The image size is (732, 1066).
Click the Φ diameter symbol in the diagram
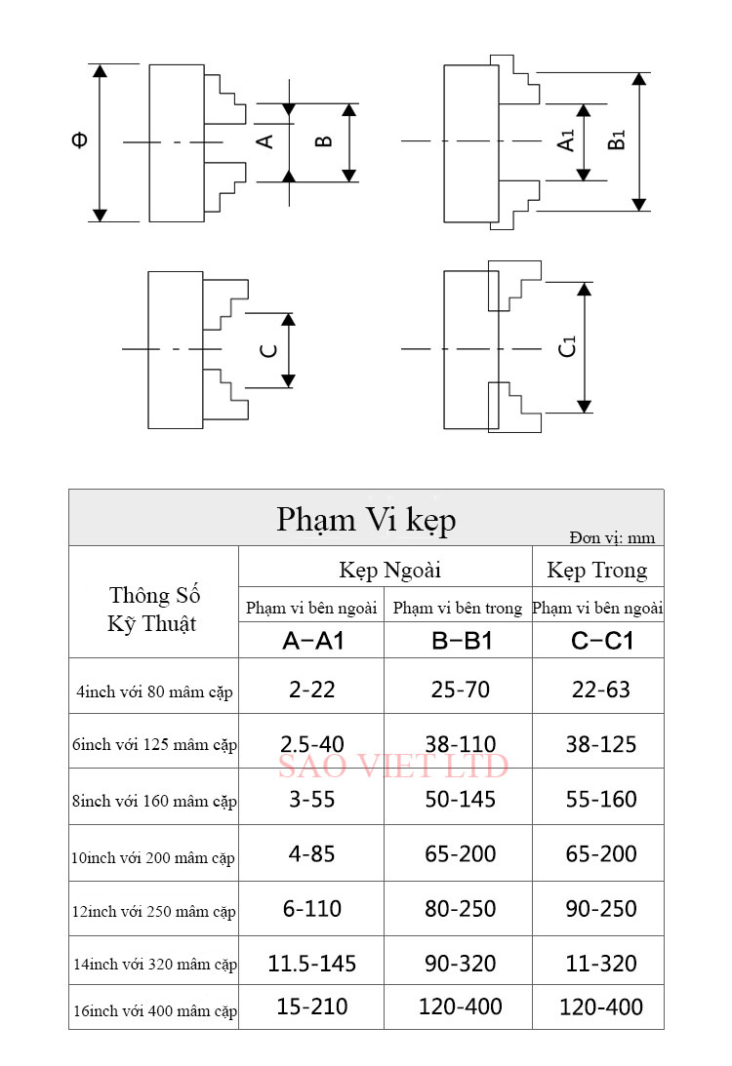80,140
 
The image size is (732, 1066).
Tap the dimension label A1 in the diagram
566,140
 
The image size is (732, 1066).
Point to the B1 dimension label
617,140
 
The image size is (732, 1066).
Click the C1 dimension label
567,347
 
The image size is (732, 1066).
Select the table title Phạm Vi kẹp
366,520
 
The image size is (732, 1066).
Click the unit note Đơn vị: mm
612,537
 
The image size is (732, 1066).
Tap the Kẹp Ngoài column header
389,570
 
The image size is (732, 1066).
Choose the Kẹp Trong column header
597,570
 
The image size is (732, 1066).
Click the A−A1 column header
313,641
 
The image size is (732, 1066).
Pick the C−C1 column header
602,641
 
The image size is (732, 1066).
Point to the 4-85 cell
312,854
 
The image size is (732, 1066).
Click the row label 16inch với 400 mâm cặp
155,1011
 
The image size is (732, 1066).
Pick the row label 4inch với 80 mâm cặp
154,692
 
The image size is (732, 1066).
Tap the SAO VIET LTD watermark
393,767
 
